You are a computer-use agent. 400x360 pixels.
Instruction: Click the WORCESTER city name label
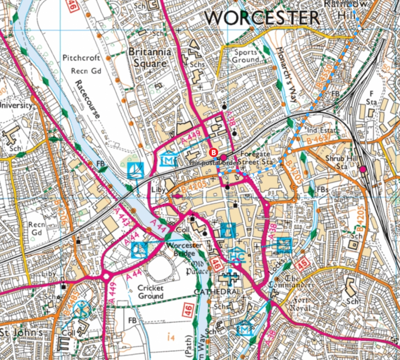(x=262, y=18)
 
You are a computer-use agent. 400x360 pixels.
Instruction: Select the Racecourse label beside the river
(x=87, y=99)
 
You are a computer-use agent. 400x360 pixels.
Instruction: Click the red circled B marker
(x=214, y=152)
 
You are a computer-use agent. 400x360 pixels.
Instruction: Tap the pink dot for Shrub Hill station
(x=363, y=170)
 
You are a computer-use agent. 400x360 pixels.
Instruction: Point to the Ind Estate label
(x=323, y=130)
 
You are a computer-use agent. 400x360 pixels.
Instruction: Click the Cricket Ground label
(x=151, y=292)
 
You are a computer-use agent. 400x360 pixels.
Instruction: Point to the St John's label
(x=21, y=333)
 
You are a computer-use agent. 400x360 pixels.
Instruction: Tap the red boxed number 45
(x=302, y=265)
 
